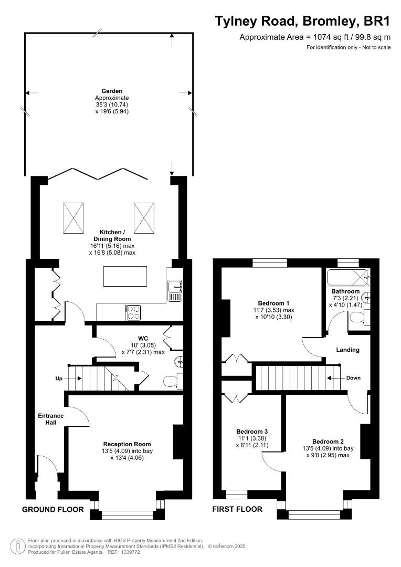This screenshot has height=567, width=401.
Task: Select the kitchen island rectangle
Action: [125, 277]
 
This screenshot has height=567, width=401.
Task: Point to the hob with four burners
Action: [133, 313]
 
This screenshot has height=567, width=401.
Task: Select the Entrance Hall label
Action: [51, 419]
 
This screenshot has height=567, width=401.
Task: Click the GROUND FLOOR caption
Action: [52, 509]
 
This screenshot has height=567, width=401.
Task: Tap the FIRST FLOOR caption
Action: [237, 509]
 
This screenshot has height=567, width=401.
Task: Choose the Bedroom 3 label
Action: [252, 431]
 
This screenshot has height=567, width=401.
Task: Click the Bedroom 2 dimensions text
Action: [328, 452]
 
